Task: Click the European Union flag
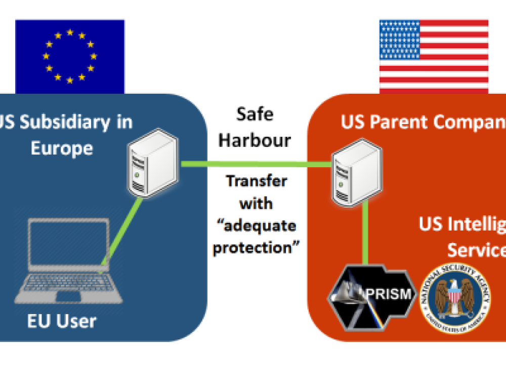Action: [x=70, y=56]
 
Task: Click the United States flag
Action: [x=434, y=56]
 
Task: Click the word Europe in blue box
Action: [x=62, y=148]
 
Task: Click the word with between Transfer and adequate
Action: [x=256, y=204]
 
